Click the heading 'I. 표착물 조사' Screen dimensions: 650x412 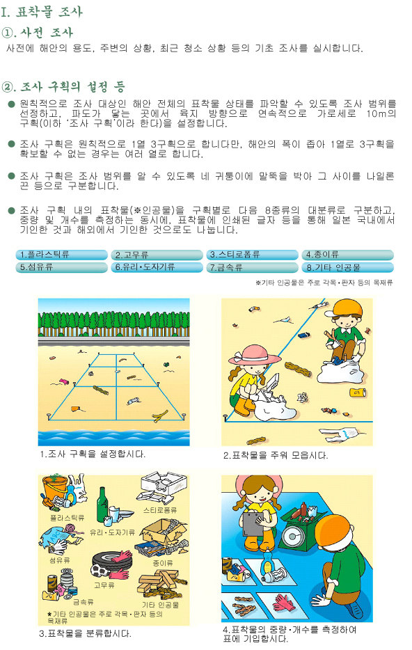point(42,11)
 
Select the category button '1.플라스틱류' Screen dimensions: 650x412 point(62,255)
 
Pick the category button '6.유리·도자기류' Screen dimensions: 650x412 point(157,267)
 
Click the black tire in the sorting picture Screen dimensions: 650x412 point(110,560)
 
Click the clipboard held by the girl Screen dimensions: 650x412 point(252,523)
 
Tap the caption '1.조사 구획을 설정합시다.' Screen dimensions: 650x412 point(93,454)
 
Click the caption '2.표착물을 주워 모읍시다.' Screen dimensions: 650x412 point(275,456)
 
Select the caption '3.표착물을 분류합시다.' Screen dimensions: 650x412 point(85,634)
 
